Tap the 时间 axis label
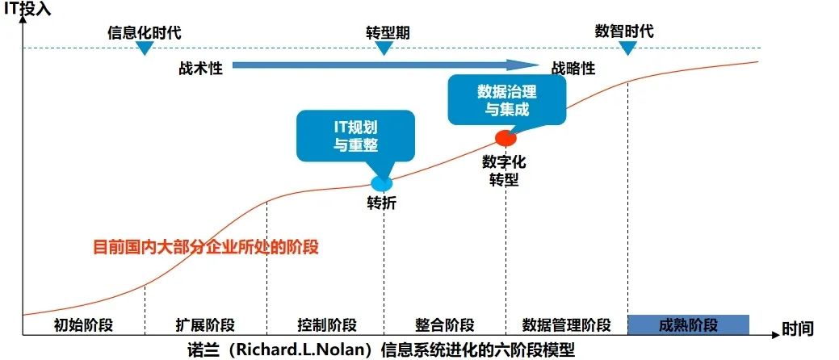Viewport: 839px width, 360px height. pos(797,329)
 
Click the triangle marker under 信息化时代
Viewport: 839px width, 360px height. pos(145,48)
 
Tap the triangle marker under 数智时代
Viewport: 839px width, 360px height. pos(627,48)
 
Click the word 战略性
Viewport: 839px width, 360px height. pos(573,68)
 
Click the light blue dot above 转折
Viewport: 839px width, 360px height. pos(380,183)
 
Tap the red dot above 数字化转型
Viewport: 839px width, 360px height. pos(505,138)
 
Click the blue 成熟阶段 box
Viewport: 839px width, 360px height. pos(688,324)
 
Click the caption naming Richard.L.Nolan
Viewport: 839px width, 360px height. pos(380,350)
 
